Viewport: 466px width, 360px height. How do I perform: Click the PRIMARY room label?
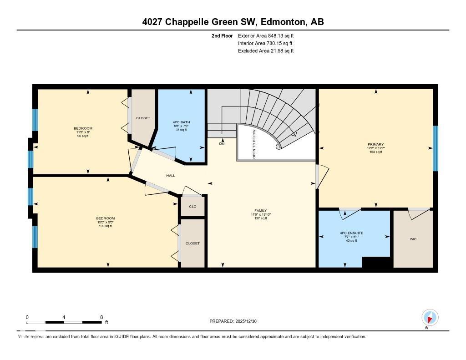coord(376,144)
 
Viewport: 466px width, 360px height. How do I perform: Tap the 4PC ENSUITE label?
coord(351,233)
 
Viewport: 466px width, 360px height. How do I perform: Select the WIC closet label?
coord(413,239)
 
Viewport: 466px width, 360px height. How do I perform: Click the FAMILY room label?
coord(261,210)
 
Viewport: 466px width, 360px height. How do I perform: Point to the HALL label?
coord(170,175)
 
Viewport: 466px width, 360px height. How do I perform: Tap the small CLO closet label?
coord(192,206)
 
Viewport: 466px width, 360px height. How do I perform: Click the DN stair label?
coord(222,144)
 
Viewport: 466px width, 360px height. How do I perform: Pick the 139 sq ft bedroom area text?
coord(105,226)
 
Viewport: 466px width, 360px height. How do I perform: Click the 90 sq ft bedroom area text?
coord(83,136)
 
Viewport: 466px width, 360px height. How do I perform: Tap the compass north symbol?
coord(430,317)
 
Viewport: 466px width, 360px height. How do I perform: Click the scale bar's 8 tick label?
coord(101,317)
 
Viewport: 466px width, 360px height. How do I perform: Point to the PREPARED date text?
coord(236,321)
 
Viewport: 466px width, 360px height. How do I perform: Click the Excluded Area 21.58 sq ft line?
coord(266,51)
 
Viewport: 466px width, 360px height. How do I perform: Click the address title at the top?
coord(233,22)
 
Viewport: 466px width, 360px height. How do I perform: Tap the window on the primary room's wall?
coord(435,148)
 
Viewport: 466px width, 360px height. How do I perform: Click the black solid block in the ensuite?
coord(376,262)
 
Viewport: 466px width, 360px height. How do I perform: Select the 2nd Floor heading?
coord(222,35)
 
